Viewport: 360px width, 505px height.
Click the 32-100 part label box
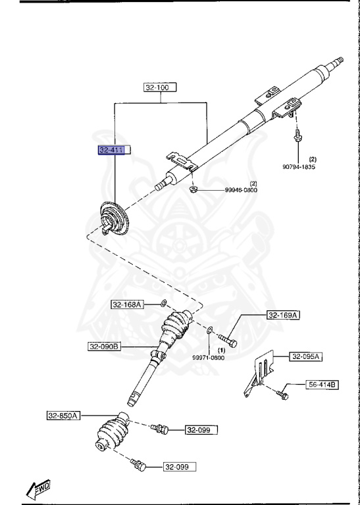pos(161,87)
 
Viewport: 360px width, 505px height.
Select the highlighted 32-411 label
pos(111,150)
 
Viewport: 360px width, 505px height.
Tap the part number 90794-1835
pos(299,166)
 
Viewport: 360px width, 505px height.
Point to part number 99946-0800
pos(241,189)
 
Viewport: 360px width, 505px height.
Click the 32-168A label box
pos(127,304)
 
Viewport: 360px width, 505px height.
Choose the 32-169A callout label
pos(283,316)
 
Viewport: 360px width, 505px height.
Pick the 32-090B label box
pos(105,347)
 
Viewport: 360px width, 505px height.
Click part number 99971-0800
pos(209,358)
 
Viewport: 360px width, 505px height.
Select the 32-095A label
pos(306,357)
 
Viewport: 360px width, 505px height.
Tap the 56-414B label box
pos(322,385)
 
